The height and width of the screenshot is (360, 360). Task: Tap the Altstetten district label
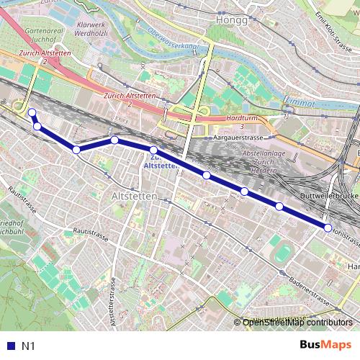pyautogui.click(x=133, y=195)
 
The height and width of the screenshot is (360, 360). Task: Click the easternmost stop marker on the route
pyautogui.click(x=328, y=228)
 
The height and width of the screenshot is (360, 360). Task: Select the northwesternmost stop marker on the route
pyautogui.click(x=32, y=112)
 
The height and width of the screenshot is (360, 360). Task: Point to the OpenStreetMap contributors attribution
pyautogui.click(x=297, y=323)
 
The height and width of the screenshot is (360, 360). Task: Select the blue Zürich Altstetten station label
pyautogui.click(x=161, y=161)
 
